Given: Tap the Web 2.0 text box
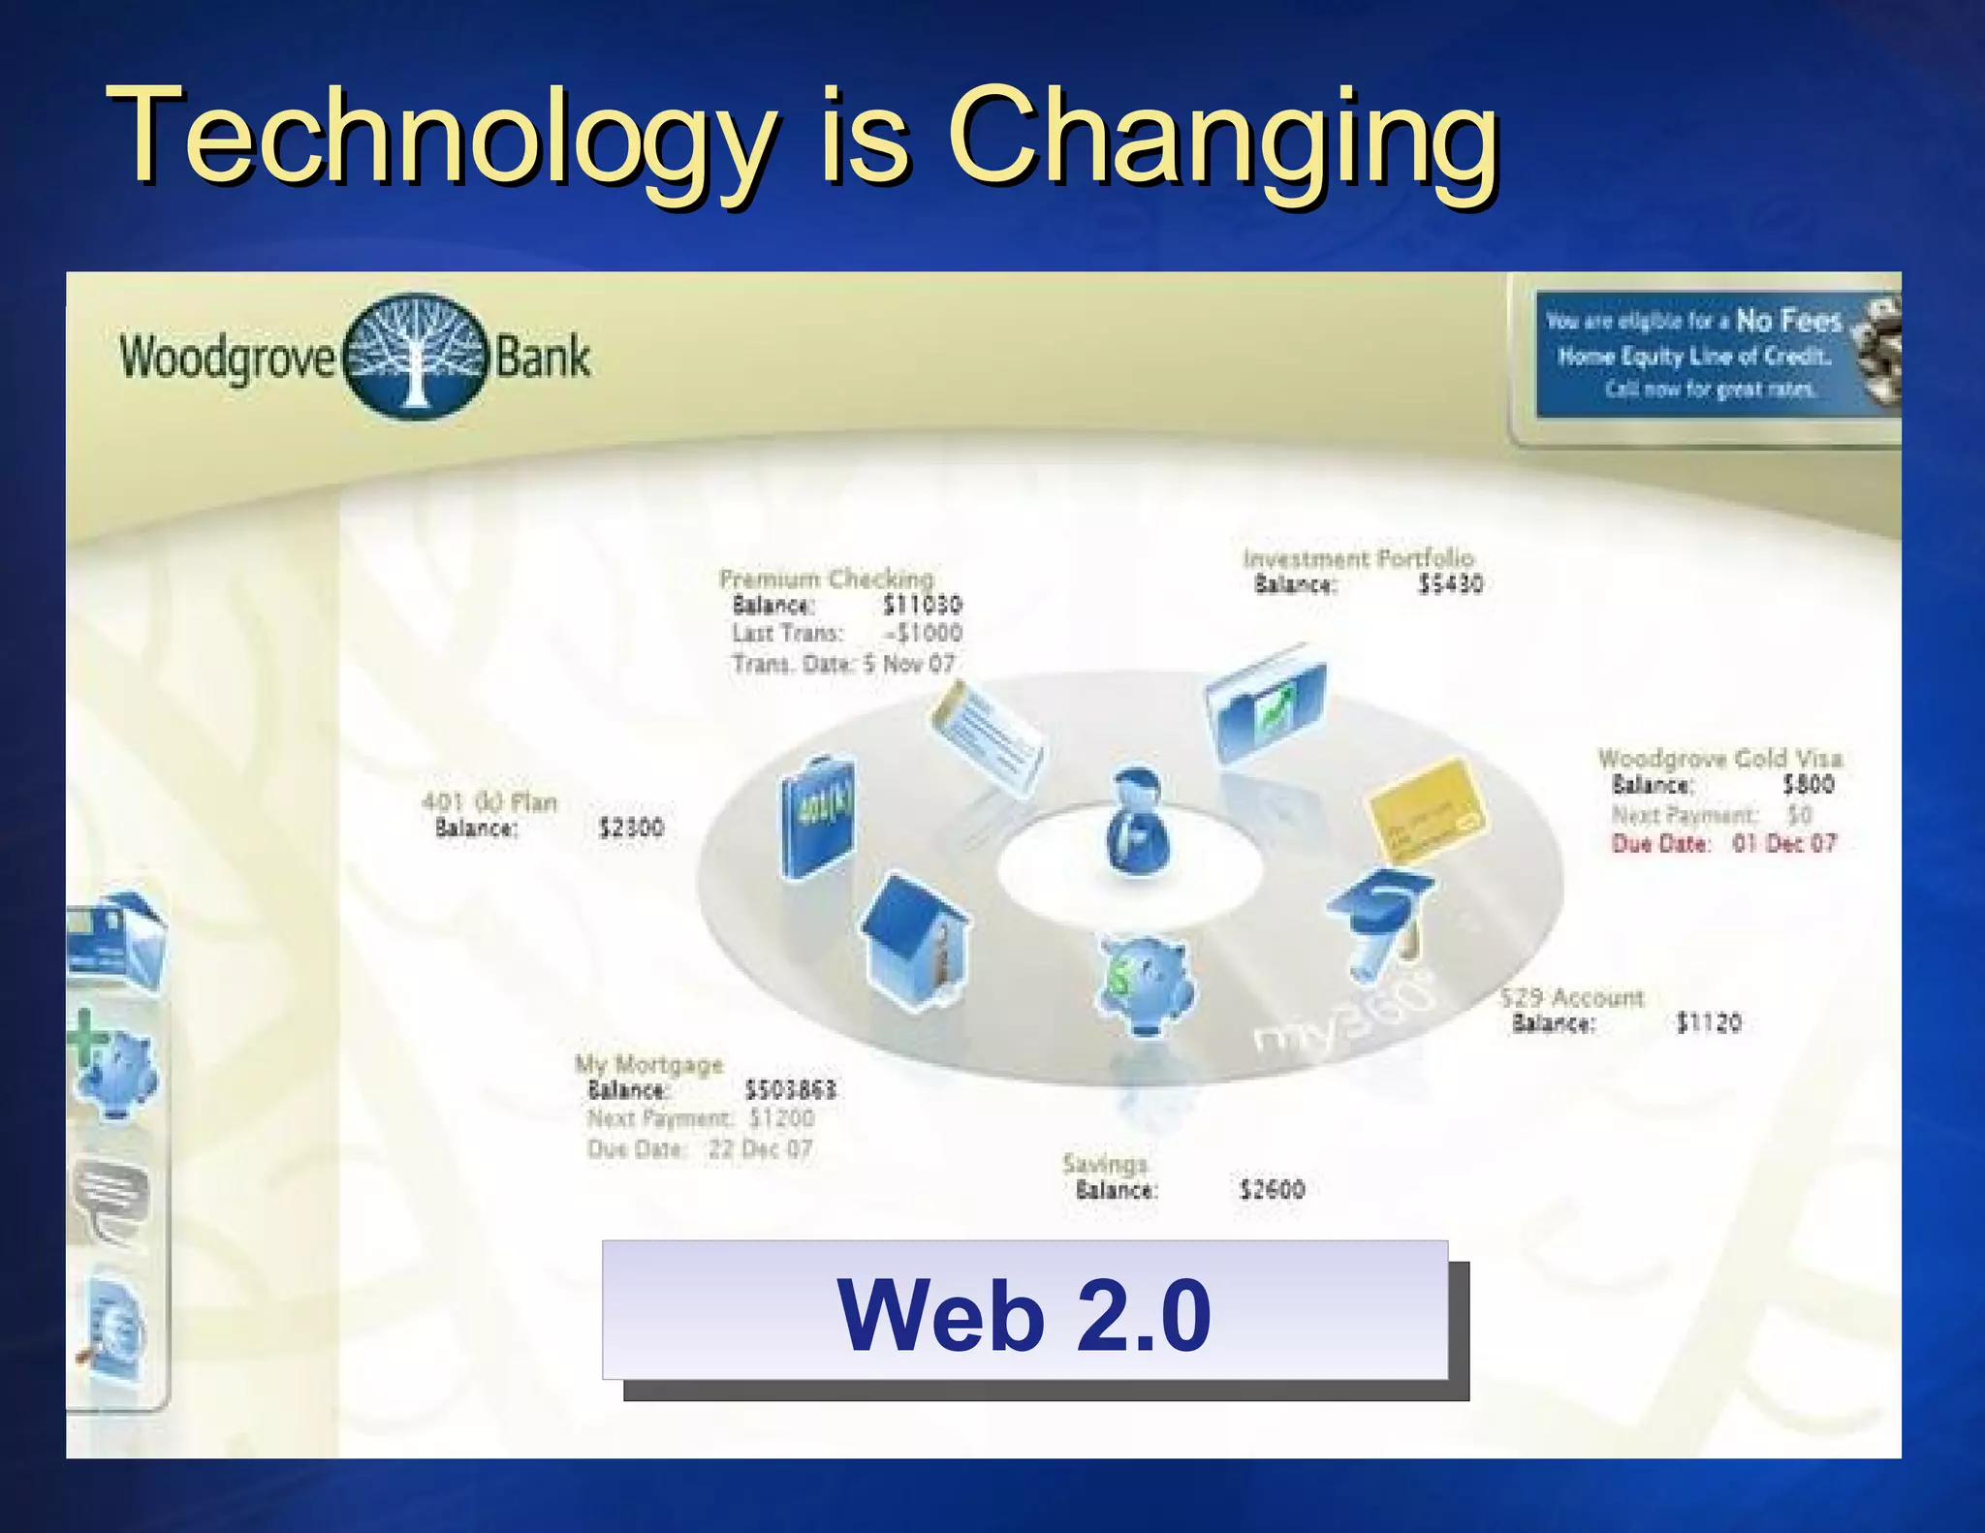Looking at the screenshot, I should (1024, 1310).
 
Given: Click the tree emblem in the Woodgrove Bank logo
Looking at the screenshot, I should (416, 356).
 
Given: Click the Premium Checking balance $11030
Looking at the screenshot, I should (922, 605).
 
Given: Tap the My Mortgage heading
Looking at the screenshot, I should (648, 1064).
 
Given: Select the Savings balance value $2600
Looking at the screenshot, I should (1272, 1189).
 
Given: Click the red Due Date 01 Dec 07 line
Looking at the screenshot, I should (1723, 843).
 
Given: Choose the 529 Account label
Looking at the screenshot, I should (1572, 997).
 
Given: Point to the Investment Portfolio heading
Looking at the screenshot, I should (1358, 558).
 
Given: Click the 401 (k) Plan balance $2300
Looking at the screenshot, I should (631, 828).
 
